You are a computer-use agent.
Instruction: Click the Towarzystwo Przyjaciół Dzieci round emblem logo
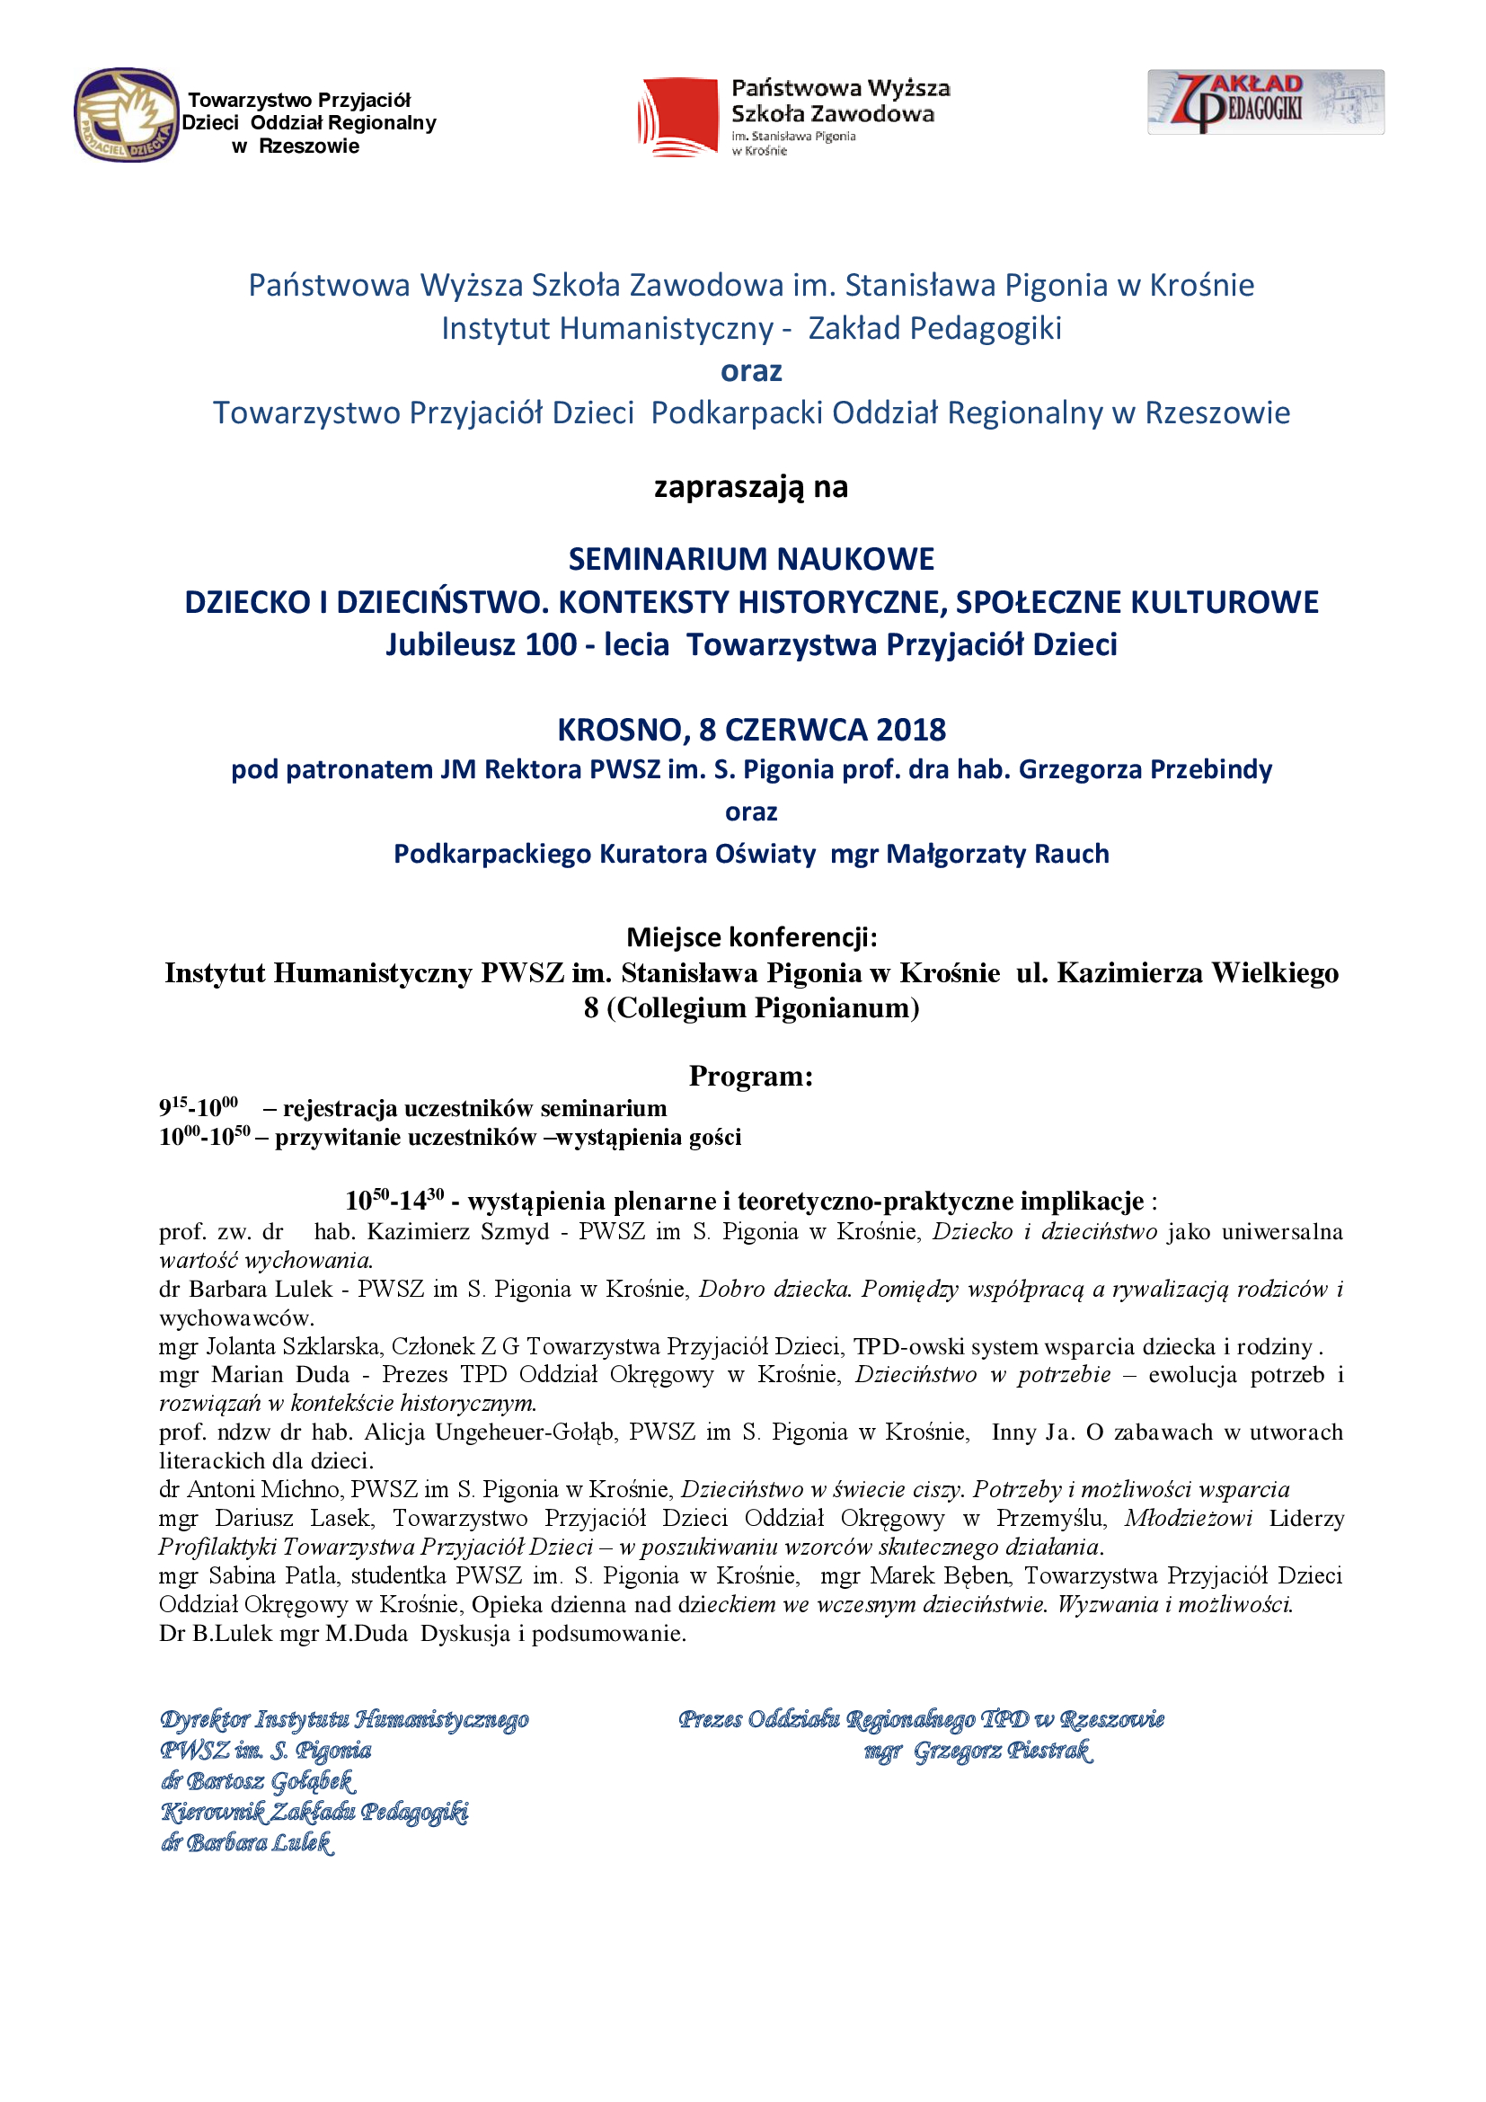point(127,115)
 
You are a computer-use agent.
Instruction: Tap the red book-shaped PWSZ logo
point(678,117)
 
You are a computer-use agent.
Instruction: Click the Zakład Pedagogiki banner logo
point(1266,102)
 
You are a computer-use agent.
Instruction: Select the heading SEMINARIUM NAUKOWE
point(750,558)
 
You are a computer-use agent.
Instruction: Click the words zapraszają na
point(750,486)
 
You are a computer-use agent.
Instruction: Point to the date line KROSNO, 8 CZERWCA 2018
point(750,730)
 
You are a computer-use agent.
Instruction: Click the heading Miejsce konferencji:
point(750,936)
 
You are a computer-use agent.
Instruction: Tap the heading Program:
point(750,1076)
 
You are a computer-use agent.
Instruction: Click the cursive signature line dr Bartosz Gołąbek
point(258,1780)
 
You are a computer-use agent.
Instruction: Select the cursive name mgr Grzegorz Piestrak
point(977,1751)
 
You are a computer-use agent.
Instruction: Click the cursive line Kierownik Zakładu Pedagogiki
point(314,1812)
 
